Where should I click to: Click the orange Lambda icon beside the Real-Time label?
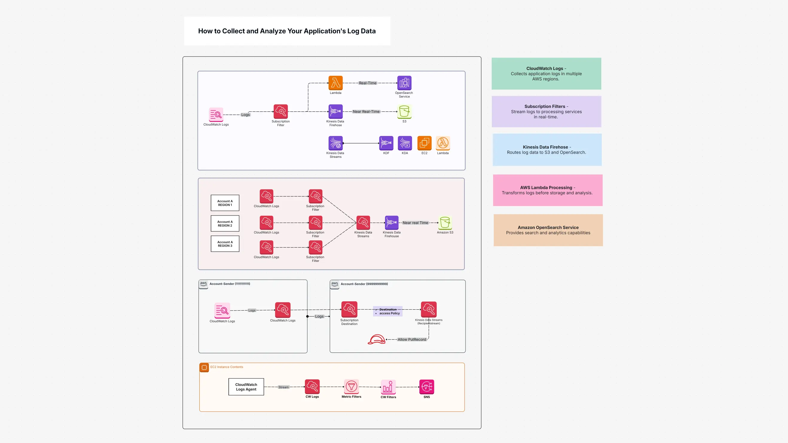[335, 83]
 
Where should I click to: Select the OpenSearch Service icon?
[404, 83]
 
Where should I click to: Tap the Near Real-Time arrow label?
[366, 112]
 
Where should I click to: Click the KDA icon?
[405, 143]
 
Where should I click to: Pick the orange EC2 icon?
[424, 143]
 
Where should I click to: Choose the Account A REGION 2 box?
[225, 224]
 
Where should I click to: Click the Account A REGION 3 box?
[225, 244]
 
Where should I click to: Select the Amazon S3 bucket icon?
[445, 223]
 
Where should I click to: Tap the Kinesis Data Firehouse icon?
[392, 223]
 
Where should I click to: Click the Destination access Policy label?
[388, 311]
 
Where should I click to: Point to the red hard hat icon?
[376, 339]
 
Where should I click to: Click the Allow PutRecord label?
[411, 340]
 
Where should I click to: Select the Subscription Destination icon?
[349, 310]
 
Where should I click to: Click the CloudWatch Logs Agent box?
[246, 387]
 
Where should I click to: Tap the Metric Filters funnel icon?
[351, 387]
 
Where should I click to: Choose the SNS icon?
[426, 387]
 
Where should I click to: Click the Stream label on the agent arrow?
[283, 387]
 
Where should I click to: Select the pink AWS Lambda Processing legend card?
[547, 190]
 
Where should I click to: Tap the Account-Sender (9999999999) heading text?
[364, 284]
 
